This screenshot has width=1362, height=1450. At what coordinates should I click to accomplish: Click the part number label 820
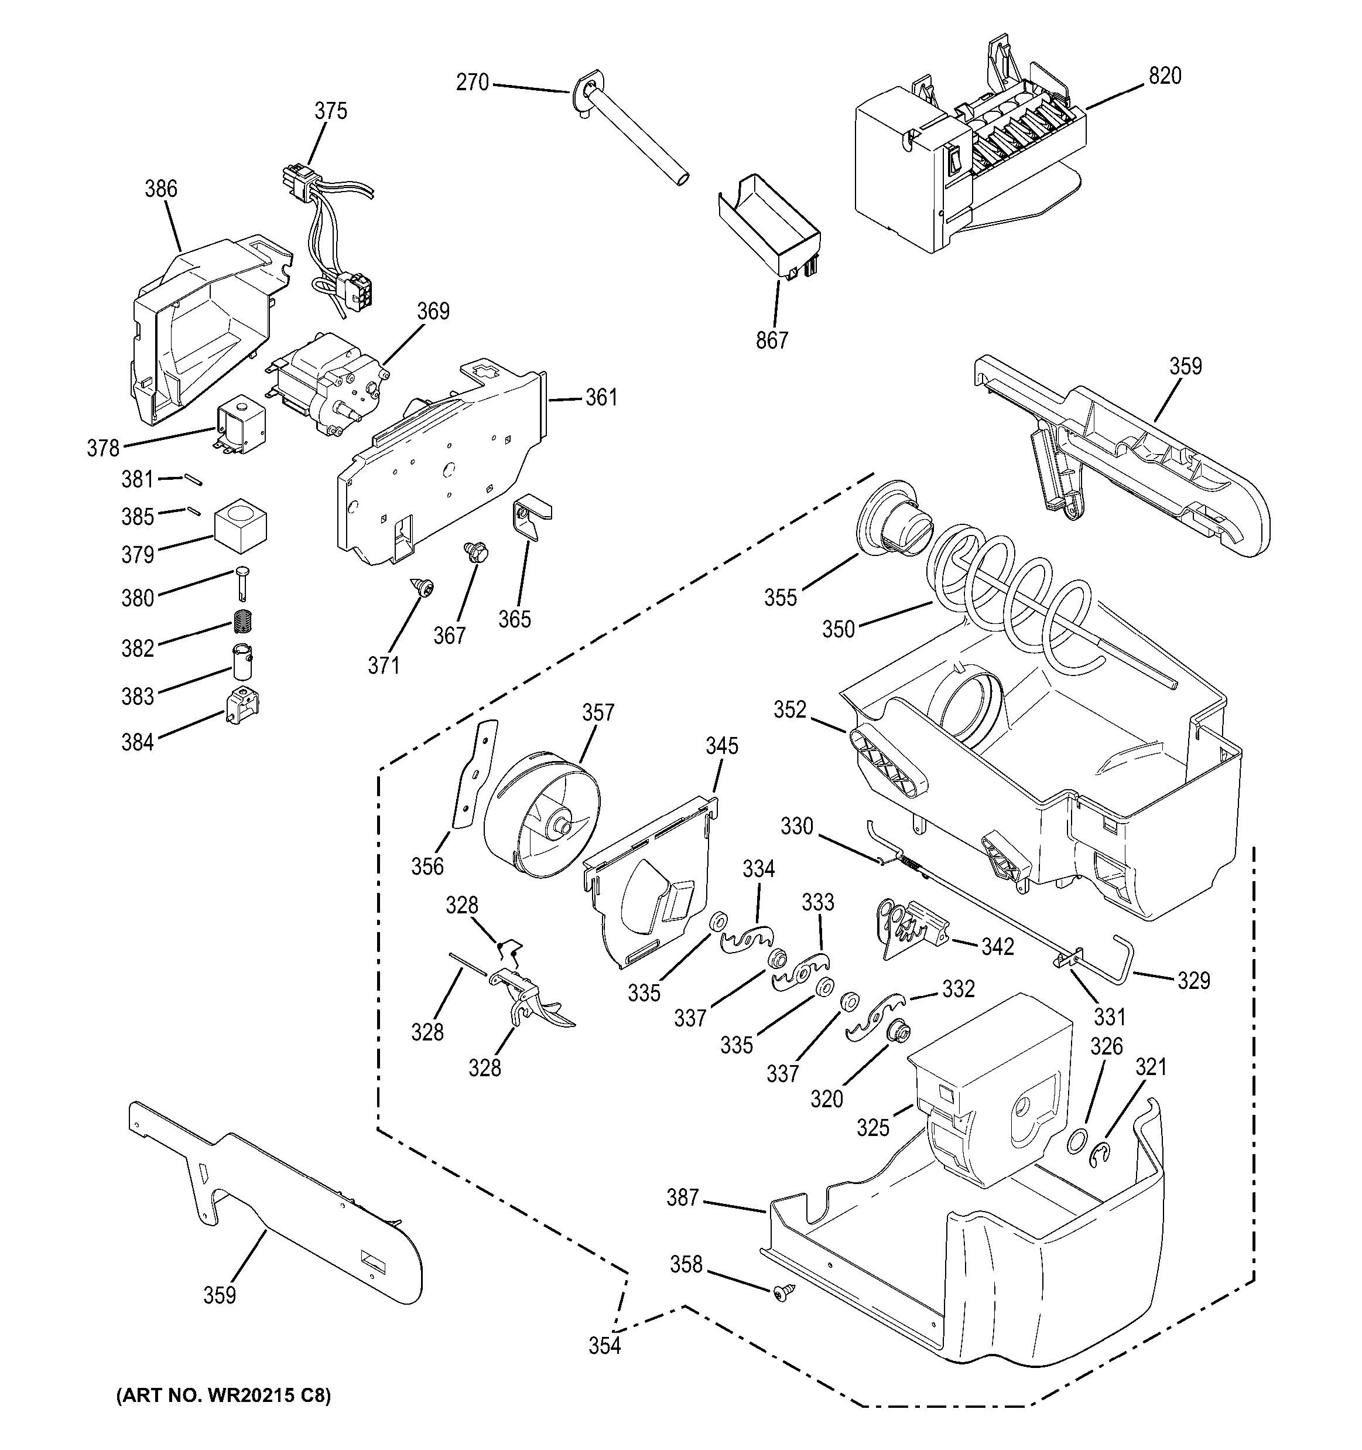coord(1165,76)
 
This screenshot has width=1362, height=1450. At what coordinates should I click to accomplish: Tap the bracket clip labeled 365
coord(533,517)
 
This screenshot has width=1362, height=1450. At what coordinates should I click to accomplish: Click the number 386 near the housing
coord(160,189)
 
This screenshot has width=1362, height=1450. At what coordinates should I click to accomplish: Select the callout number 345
coord(721,745)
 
